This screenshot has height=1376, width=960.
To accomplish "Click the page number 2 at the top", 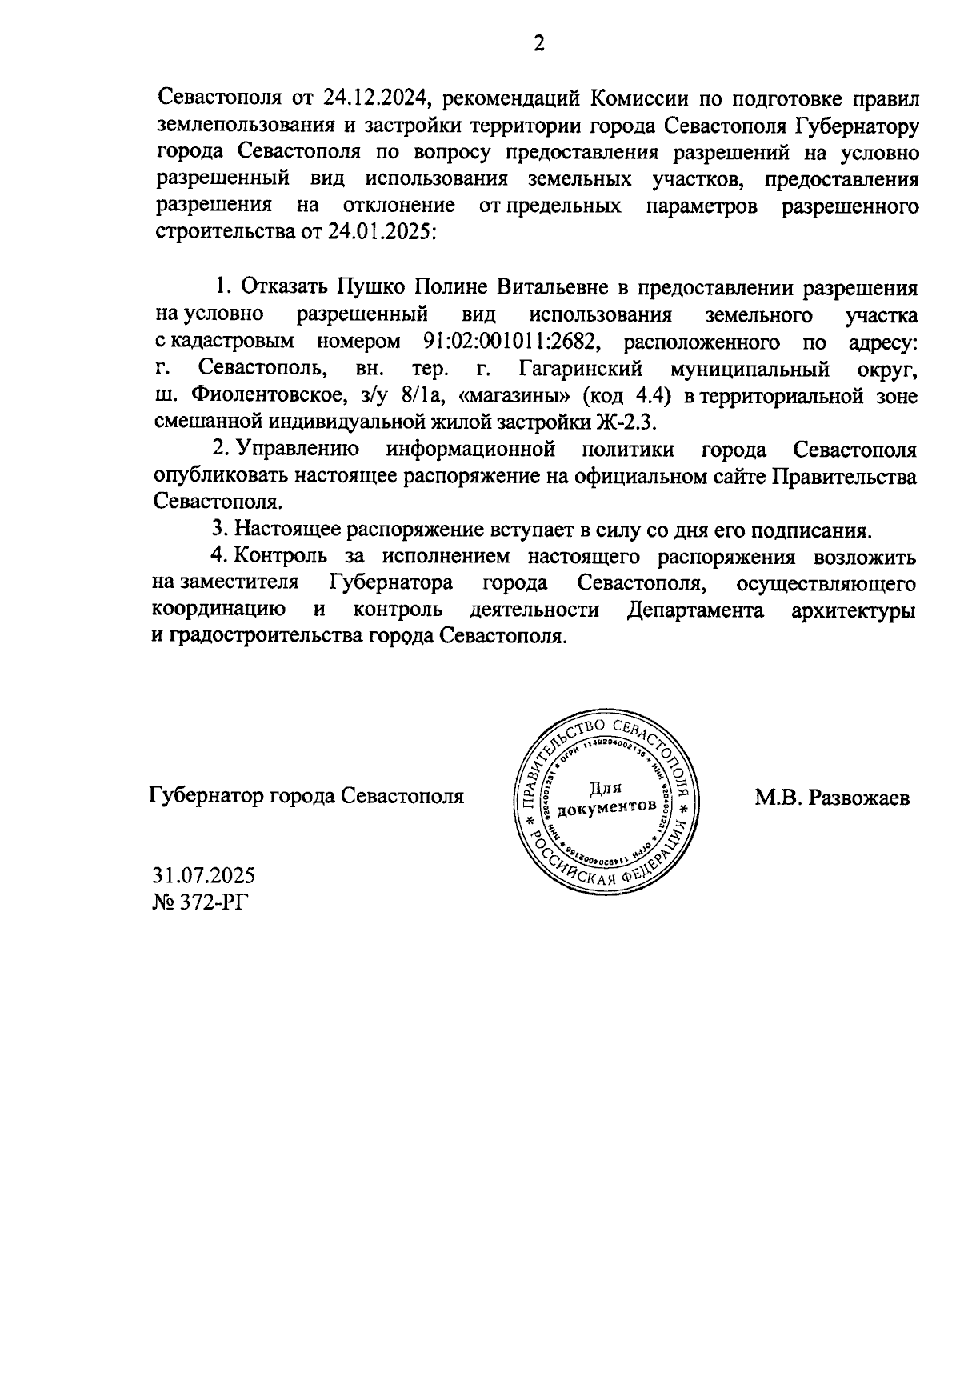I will tap(538, 44).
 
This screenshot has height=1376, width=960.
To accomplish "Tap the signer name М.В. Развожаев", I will tap(832, 798).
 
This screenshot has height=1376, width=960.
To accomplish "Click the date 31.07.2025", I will tap(203, 874).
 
